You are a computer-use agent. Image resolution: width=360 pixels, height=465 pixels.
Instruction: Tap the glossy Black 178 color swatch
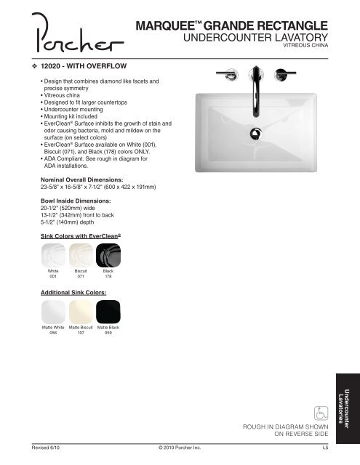(x=108, y=255)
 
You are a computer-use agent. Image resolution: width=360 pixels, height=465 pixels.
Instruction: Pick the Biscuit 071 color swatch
(x=81, y=255)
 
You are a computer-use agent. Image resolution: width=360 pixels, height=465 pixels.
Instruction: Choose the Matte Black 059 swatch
(x=108, y=312)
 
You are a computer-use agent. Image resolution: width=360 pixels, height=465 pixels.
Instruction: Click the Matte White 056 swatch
(x=53, y=312)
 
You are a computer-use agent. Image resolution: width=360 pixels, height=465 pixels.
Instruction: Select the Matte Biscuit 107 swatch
(x=81, y=312)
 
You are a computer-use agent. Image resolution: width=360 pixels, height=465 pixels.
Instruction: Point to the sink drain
(x=255, y=133)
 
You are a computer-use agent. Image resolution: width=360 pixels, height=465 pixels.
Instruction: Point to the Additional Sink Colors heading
(x=74, y=291)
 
